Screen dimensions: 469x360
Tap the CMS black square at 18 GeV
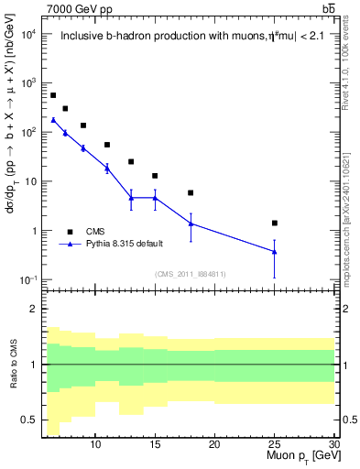point(191,193)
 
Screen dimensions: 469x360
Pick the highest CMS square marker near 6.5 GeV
point(53,95)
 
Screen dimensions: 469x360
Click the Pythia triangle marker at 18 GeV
point(191,223)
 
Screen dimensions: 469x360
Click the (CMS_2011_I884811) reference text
point(191,274)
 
